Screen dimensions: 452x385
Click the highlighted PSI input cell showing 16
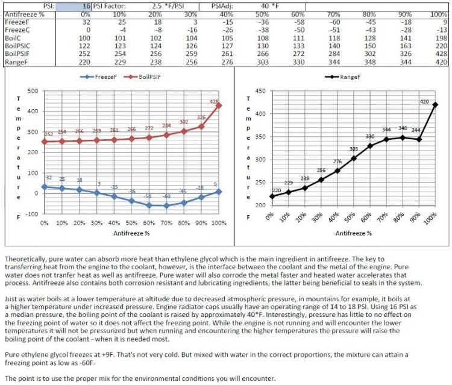pyautogui.click(x=74, y=7)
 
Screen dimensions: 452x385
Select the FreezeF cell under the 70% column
pyautogui.click(x=334, y=22)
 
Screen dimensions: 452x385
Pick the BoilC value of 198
pyautogui.click(x=441, y=38)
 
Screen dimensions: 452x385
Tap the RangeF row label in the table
pyautogui.click(x=16, y=62)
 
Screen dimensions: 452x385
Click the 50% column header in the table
pyautogui.click(x=262, y=14)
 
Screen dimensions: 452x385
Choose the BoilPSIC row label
pyautogui.click(x=17, y=46)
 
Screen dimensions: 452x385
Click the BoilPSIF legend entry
pyautogui.click(x=142, y=77)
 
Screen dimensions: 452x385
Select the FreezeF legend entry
pyautogui.click(x=98, y=77)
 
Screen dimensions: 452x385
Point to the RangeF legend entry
pyautogui.click(x=342, y=77)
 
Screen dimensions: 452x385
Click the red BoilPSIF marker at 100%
pyautogui.click(x=219, y=105)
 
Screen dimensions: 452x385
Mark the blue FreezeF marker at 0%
pyautogui.click(x=45, y=187)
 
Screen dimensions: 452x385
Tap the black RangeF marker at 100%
pyautogui.click(x=435, y=105)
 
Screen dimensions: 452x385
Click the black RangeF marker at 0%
pyautogui.click(x=272, y=196)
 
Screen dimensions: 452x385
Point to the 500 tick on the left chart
pyautogui.click(x=33, y=91)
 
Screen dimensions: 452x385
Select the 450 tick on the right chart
pyautogui.click(x=260, y=91)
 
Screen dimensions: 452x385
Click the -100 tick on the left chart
pyautogui.click(x=32, y=214)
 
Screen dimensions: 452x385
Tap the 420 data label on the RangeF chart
pyautogui.click(x=424, y=102)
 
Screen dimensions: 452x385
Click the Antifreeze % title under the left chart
pyautogui.click(x=131, y=233)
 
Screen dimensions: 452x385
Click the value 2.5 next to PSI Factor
pyautogui.click(x=157, y=7)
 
